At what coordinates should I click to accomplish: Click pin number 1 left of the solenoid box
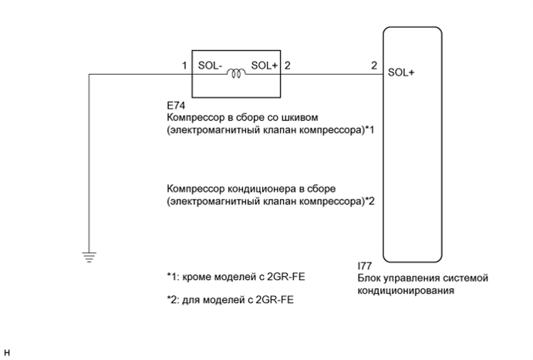click(185, 67)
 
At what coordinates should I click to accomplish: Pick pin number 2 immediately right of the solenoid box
click(288, 67)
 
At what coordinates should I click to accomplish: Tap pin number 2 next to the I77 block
click(374, 67)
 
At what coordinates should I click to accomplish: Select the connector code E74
click(174, 105)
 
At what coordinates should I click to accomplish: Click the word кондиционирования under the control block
click(405, 291)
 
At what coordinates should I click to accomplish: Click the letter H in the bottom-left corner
click(6, 353)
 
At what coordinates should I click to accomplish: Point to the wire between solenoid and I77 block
click(332, 75)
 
